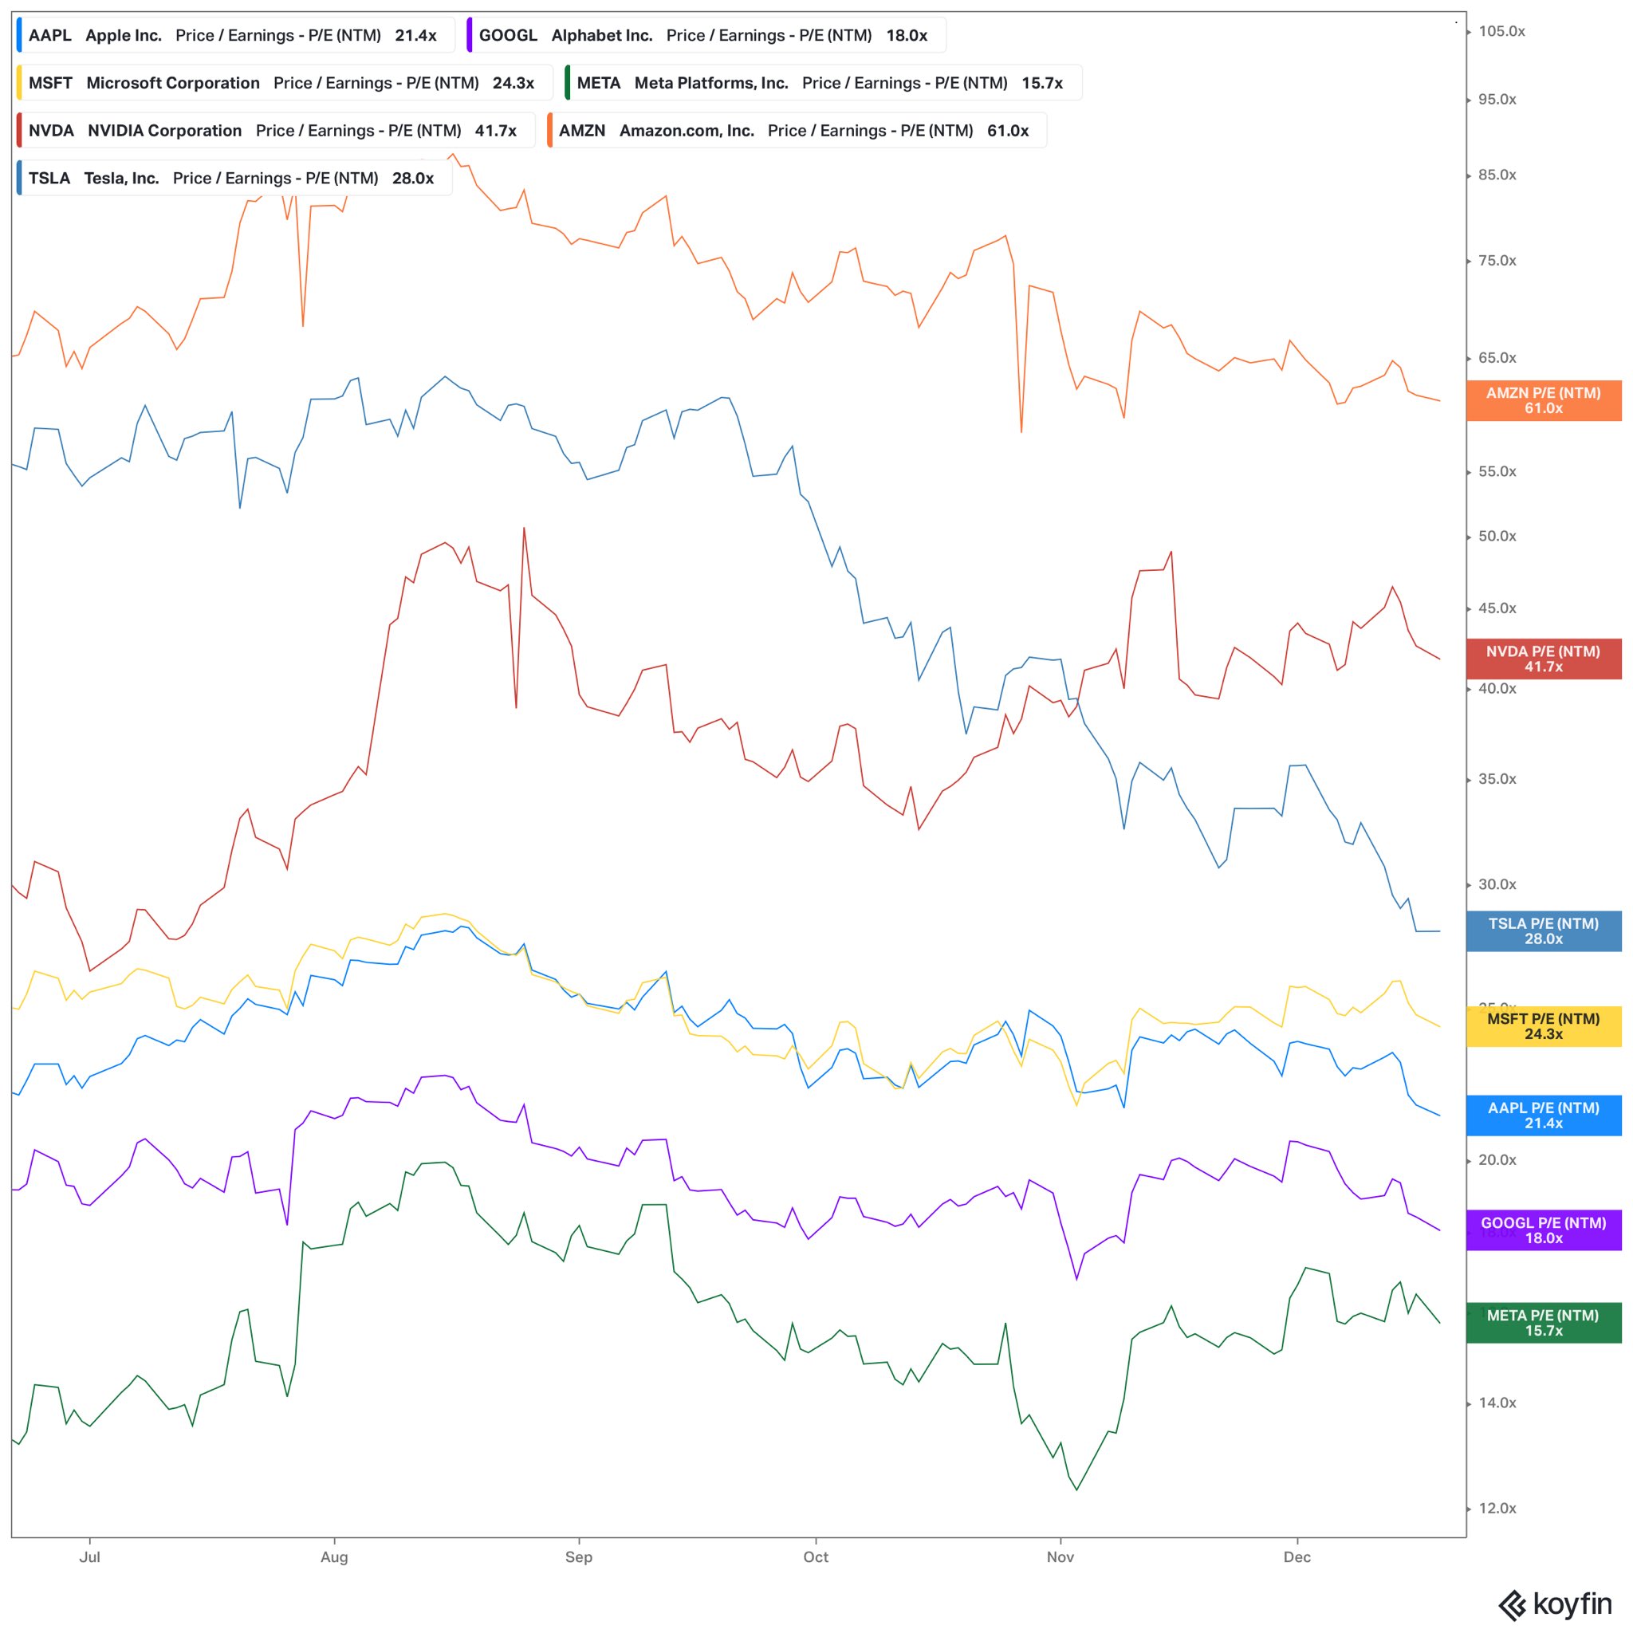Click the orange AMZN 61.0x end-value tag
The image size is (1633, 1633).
(x=1544, y=400)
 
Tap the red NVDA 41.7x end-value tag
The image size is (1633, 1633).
(x=1544, y=659)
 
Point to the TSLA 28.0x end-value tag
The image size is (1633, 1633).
(x=1544, y=931)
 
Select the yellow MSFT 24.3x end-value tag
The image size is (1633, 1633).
(x=1544, y=1027)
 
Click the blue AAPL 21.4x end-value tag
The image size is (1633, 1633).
(x=1544, y=1116)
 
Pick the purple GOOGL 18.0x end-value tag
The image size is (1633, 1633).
(x=1544, y=1230)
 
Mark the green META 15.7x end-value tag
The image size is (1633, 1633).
(x=1544, y=1323)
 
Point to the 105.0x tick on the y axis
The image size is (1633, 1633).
(x=1501, y=31)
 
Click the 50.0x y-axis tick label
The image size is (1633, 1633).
(x=1497, y=537)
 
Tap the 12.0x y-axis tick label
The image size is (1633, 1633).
(x=1497, y=1509)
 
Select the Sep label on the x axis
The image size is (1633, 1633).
(x=579, y=1558)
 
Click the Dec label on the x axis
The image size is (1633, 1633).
(x=1297, y=1558)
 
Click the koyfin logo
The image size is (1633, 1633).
(x=1555, y=1604)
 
